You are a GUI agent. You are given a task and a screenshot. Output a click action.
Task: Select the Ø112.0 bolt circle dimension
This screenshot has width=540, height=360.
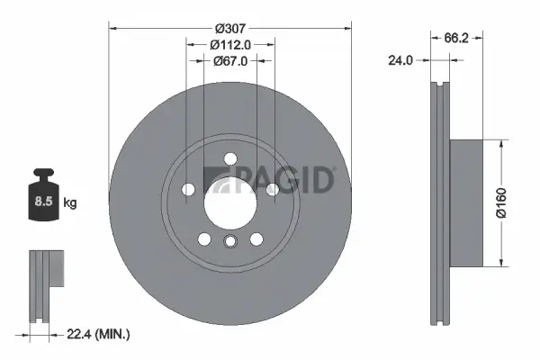(230, 44)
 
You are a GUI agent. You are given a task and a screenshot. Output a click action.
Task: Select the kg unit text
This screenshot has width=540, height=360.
(69, 203)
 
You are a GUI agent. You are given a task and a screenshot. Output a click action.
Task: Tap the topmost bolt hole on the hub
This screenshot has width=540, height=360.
(229, 158)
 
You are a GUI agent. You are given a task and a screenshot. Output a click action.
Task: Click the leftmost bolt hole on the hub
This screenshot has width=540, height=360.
(188, 189)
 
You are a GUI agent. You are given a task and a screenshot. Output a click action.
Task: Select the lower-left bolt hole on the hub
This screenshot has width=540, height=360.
(204, 238)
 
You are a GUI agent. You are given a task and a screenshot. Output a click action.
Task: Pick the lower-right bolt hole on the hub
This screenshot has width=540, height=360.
(256, 238)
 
